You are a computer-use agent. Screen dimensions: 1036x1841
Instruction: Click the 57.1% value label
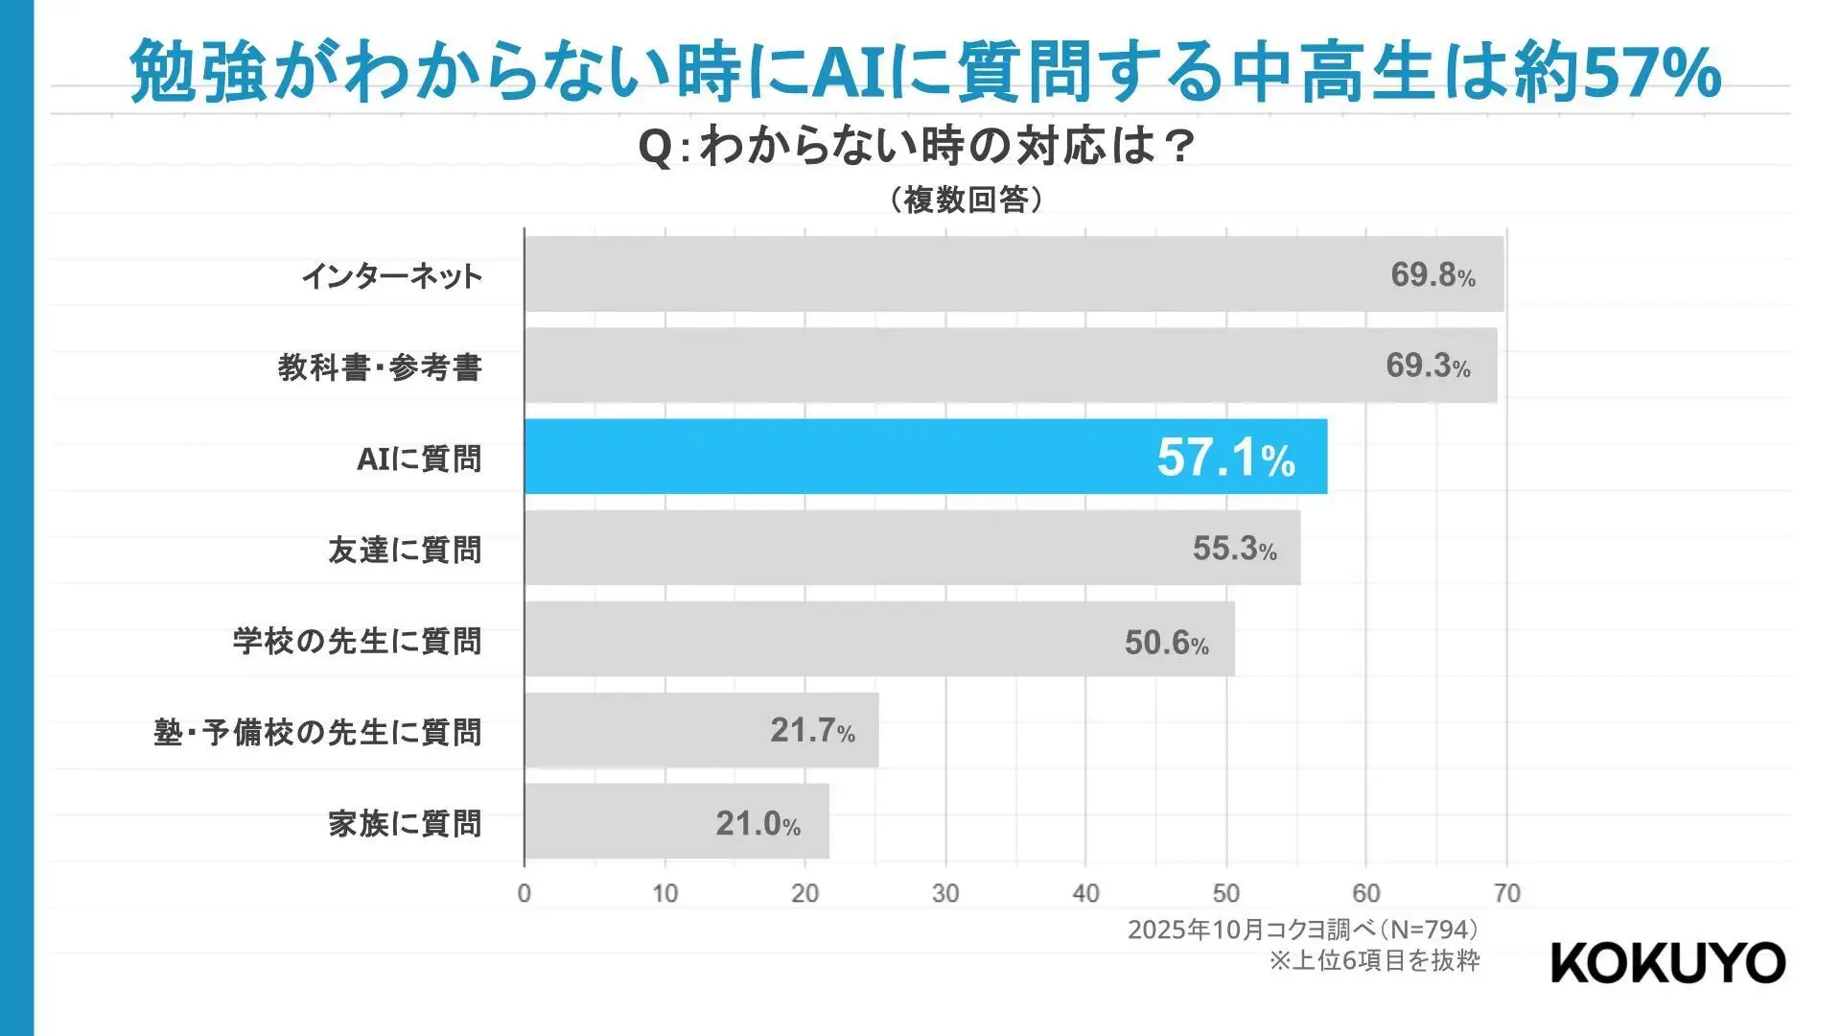click(1225, 458)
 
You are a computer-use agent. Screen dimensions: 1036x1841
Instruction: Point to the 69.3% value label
click(1428, 365)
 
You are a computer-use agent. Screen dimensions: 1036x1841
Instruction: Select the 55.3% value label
click(1234, 549)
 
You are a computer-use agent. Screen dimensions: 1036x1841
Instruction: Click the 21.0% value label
click(757, 824)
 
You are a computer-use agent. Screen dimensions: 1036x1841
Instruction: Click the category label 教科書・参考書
click(380, 367)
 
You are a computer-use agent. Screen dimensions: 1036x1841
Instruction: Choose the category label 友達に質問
click(405, 551)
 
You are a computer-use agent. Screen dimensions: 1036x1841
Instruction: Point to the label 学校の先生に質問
click(358, 642)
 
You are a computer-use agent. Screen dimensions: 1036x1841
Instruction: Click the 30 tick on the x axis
click(945, 894)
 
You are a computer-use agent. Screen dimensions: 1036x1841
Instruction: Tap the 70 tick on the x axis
click(1506, 894)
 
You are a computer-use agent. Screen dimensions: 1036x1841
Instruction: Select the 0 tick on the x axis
click(524, 894)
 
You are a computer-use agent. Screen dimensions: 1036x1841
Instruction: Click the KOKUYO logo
click(1667, 962)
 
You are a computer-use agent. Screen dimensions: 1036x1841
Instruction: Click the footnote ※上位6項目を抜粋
click(1374, 960)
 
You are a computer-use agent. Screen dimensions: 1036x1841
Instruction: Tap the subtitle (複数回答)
click(966, 200)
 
